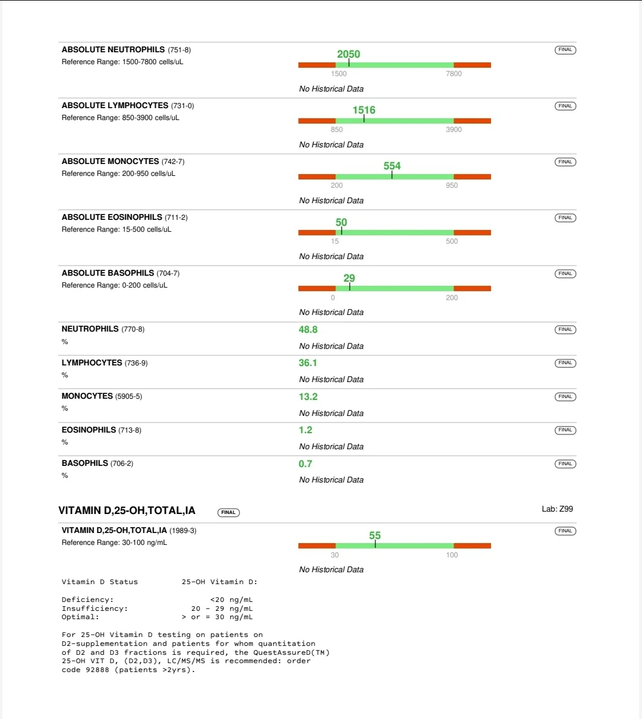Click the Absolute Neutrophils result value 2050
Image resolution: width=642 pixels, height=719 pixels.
click(x=348, y=54)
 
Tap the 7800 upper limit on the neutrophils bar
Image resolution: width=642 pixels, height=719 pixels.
click(x=454, y=74)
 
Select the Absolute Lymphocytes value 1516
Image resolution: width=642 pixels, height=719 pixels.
click(x=364, y=110)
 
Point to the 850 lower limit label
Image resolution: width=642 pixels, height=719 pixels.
click(x=336, y=130)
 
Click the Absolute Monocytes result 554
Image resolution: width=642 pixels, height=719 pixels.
click(x=392, y=166)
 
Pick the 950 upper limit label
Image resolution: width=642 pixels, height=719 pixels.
click(x=452, y=185)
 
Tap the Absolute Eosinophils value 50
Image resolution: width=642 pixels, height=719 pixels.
click(x=341, y=222)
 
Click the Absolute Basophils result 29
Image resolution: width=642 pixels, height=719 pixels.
click(x=349, y=278)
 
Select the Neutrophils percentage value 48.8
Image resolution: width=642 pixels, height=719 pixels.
click(x=308, y=329)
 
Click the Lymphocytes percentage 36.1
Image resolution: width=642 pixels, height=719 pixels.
click(x=308, y=362)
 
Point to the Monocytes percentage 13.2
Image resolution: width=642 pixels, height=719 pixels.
click(x=308, y=396)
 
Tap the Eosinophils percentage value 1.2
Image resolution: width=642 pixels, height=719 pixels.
click(x=306, y=430)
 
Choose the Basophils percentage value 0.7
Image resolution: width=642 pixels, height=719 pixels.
click(x=306, y=463)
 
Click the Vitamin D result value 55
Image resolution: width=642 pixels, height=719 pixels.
click(x=374, y=535)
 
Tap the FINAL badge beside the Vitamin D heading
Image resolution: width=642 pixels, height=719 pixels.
click(x=228, y=512)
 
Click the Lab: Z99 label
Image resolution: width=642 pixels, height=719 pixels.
click(x=557, y=509)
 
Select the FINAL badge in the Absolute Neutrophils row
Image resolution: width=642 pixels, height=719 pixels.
click(x=565, y=50)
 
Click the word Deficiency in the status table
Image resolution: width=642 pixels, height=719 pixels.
click(x=87, y=600)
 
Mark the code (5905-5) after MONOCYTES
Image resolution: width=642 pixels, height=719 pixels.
click(x=128, y=396)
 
